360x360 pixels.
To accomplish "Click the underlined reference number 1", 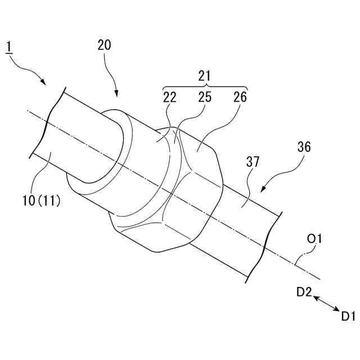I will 9,46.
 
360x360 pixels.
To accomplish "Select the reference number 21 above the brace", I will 205,75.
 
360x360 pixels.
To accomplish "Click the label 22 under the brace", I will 169,97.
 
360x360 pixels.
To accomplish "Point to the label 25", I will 204,97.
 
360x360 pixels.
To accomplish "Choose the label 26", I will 240,97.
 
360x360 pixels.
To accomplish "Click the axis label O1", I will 314,241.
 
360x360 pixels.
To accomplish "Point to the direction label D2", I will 304,292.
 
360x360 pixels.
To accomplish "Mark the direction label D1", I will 348,316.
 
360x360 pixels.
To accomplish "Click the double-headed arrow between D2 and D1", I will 326,304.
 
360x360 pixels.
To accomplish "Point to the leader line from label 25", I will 186,121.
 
